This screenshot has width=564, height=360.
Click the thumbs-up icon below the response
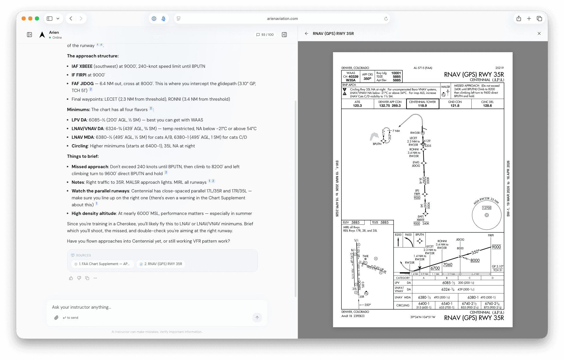coord(71,278)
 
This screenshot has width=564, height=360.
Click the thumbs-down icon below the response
coord(79,278)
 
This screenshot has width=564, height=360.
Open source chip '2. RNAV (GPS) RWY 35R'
coord(161,264)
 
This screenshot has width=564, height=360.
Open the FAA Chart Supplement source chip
coord(102,264)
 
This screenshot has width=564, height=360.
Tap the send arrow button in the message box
coord(257,318)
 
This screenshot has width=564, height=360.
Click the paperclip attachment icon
coord(56,318)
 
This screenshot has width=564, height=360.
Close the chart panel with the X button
coord(539,33)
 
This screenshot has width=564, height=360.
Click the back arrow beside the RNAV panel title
coord(306,33)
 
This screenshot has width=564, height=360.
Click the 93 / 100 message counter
coord(265,35)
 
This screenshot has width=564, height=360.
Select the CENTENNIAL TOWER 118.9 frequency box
coord(422,104)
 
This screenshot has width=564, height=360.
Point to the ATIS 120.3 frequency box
coord(357,104)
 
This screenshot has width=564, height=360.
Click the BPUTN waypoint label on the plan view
coord(377,144)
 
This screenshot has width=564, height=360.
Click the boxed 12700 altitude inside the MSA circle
coord(487,208)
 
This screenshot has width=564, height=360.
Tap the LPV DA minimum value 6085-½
coord(449,283)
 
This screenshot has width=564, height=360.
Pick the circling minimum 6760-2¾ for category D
coord(492,304)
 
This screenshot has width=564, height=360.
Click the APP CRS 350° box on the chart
coord(367,76)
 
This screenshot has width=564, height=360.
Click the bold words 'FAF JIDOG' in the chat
coord(83,84)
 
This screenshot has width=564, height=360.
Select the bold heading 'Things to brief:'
coord(83,156)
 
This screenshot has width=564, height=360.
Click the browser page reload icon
coord(386,19)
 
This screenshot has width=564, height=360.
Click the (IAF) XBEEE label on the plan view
coord(421,218)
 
